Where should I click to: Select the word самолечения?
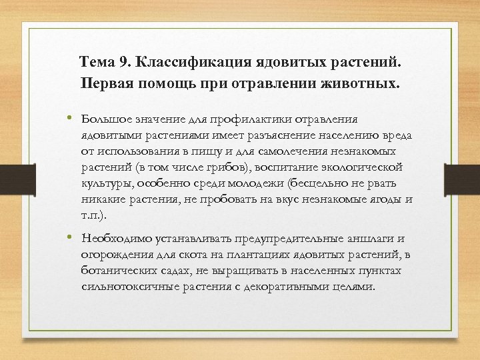295,151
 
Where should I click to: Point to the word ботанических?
118,271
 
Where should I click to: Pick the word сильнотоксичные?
128,287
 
